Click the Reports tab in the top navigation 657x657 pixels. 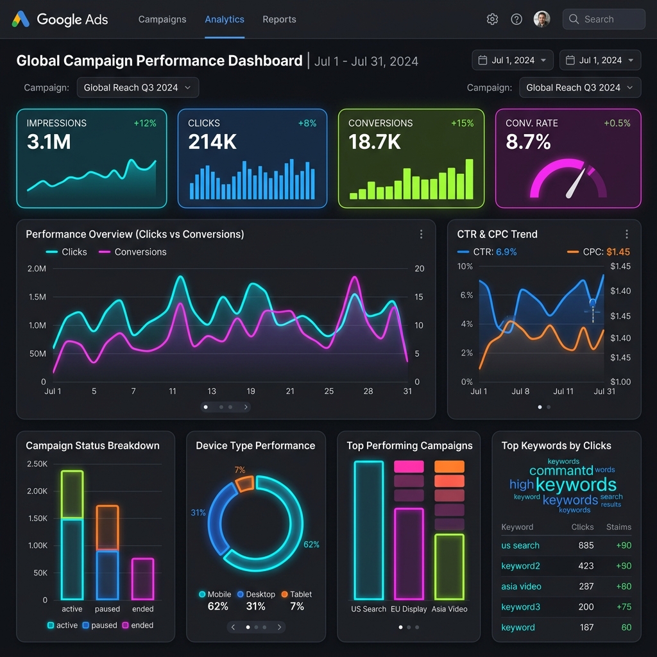pos(279,19)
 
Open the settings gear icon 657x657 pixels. pos(492,19)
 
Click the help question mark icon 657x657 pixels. pos(516,19)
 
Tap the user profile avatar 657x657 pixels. pos(542,19)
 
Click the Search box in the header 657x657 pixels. pos(604,19)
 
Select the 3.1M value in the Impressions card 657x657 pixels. pos(49,142)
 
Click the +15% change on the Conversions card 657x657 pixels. pos(462,123)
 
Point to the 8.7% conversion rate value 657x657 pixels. pos(528,142)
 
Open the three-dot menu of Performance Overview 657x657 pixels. pos(421,234)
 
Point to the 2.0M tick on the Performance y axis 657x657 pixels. pos(37,269)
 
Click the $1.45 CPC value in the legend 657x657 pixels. pos(618,252)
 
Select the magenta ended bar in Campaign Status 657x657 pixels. pos(142,578)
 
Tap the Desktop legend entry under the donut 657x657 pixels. pos(256,595)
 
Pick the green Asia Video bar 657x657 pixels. pos(448,567)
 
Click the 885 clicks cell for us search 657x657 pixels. pos(586,546)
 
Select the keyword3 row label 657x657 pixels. pos(520,607)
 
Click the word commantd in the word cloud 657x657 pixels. pos(561,471)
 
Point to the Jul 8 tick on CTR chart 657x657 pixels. pos(520,391)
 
